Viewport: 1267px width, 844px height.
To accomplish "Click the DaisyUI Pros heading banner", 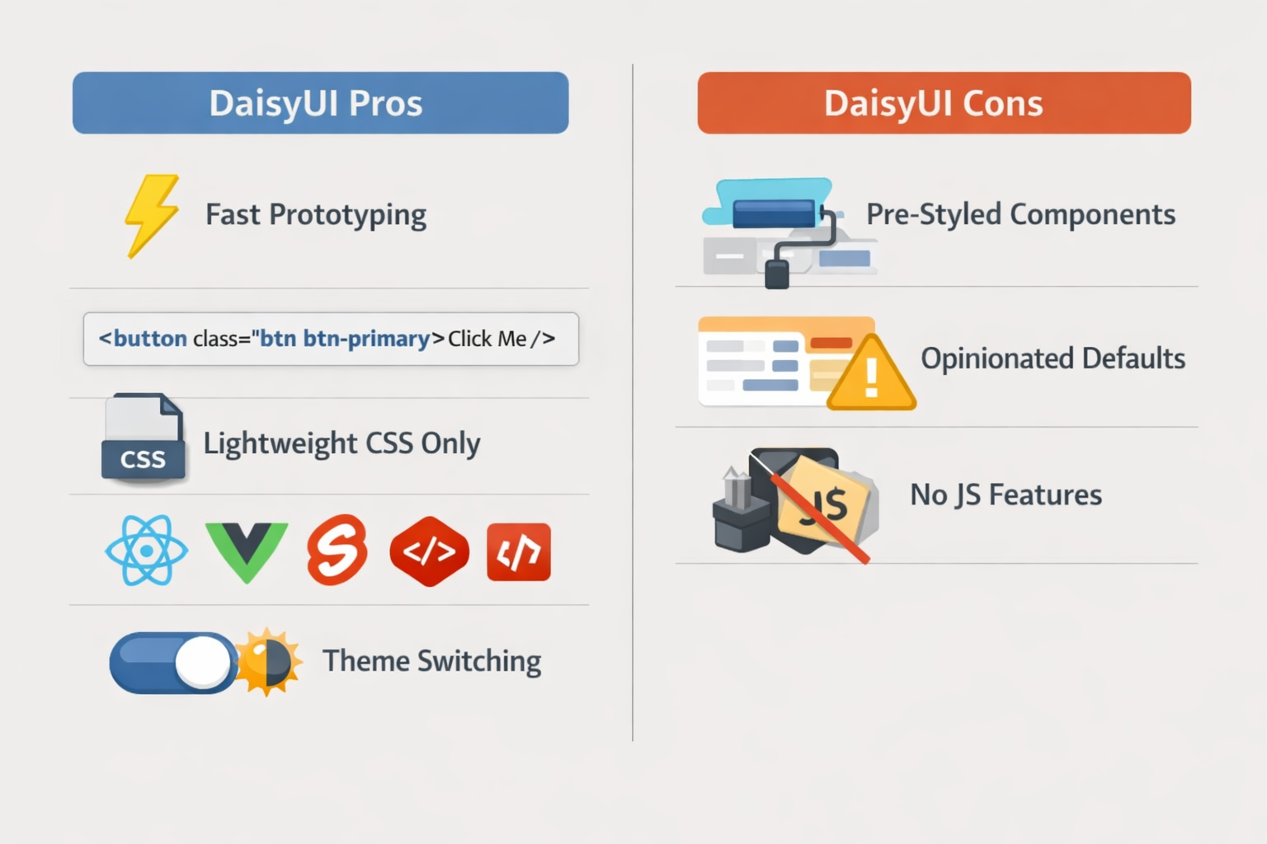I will click(320, 103).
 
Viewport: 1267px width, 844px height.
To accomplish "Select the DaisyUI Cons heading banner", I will click(944, 103).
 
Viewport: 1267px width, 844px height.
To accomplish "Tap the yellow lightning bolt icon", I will click(152, 215).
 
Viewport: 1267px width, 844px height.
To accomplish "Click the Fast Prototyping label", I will click(316, 215).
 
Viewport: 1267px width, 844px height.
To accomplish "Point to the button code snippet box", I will click(331, 339).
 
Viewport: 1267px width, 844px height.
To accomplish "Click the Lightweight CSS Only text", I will click(341, 443).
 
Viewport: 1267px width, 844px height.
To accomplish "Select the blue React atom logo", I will click(146, 551).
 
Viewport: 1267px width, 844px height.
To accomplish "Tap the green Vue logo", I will click(246, 551).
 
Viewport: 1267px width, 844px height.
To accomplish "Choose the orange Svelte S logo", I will click(337, 550).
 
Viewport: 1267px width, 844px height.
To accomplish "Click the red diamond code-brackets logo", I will click(429, 551).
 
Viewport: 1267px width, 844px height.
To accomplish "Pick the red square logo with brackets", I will click(519, 552).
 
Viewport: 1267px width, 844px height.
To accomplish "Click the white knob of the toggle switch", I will click(202, 662).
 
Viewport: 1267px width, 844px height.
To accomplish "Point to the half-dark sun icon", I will click(267, 661).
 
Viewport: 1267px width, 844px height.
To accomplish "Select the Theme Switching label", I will click(431, 661).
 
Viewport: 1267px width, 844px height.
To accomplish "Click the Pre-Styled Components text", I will click(1020, 214).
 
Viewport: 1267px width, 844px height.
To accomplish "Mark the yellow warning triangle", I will click(871, 376).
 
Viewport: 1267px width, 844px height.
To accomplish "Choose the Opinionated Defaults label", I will click(1053, 359).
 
